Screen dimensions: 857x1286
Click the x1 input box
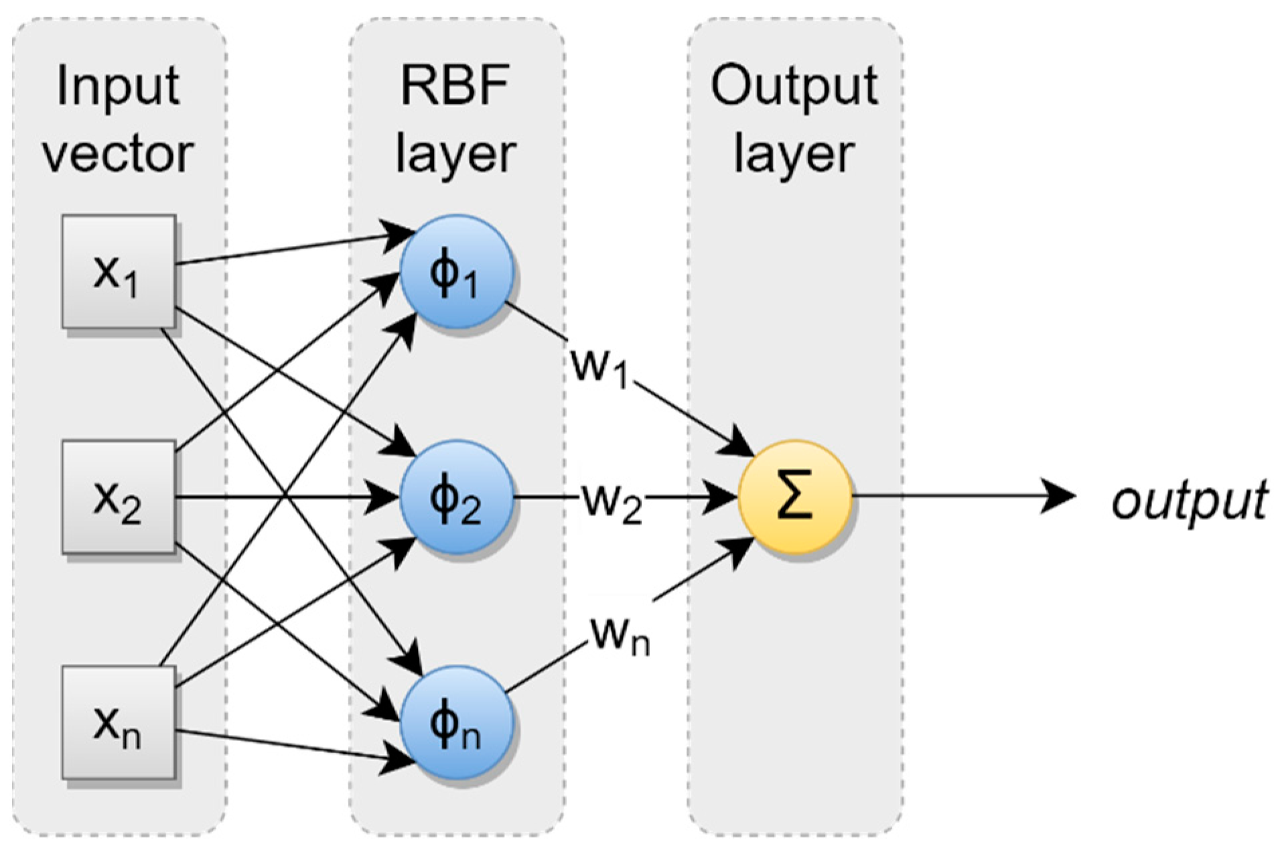click(119, 271)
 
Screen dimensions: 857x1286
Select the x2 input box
click(119, 497)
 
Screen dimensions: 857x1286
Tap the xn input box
click(119, 722)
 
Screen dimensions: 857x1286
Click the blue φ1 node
click(457, 271)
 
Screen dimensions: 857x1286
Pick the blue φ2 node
click(457, 497)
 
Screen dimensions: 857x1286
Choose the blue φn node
click(457, 722)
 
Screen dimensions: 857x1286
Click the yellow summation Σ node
click(795, 497)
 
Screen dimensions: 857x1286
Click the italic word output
click(1189, 500)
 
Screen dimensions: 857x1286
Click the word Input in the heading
click(119, 86)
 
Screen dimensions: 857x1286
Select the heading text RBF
click(455, 86)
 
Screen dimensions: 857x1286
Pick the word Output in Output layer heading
click(794, 86)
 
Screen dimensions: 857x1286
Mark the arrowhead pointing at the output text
click(1058, 497)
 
